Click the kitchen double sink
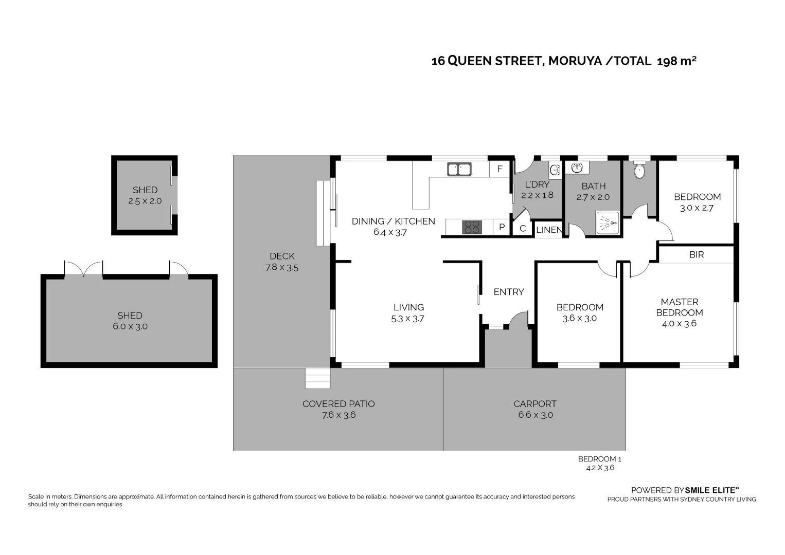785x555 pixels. click(x=459, y=170)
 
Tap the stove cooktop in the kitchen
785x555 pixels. click(x=472, y=227)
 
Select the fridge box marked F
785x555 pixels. click(x=499, y=169)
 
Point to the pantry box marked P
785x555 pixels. click(x=502, y=227)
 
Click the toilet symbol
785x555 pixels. click(x=639, y=171)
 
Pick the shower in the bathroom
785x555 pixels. click(x=608, y=223)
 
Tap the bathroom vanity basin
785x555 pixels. click(x=577, y=168)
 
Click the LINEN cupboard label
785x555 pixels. click(x=549, y=230)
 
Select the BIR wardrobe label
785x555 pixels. click(x=697, y=254)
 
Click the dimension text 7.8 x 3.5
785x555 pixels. click(x=282, y=268)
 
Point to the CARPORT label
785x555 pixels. click(x=535, y=404)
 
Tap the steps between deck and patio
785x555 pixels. click(x=317, y=378)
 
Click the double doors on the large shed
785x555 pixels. click(x=83, y=269)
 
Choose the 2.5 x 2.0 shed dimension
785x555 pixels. click(x=145, y=201)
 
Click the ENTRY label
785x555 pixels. click(x=508, y=292)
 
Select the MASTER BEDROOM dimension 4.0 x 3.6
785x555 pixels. click(x=679, y=324)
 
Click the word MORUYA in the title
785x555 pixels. click(x=575, y=61)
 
